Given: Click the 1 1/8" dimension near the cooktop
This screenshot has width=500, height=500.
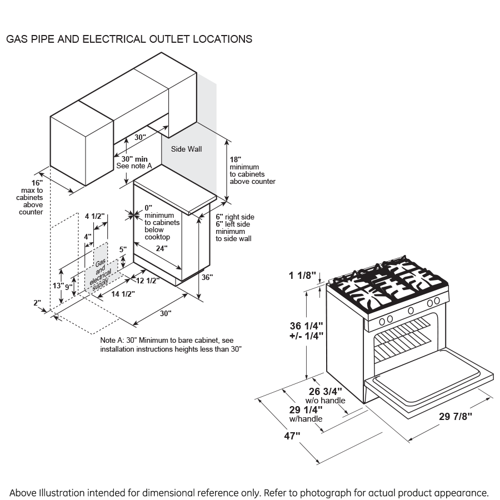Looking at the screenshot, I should tap(302, 275).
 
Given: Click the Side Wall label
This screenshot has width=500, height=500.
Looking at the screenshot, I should tap(186, 149).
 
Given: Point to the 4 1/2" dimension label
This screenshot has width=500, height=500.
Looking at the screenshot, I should tap(94, 216).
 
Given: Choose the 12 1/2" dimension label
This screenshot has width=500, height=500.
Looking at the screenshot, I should tap(148, 281).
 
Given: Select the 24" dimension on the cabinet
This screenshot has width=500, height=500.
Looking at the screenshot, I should tap(161, 248).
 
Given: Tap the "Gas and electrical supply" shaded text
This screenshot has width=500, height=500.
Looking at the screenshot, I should tap(103, 273).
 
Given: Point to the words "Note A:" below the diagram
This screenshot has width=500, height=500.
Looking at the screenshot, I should tap(113, 340).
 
